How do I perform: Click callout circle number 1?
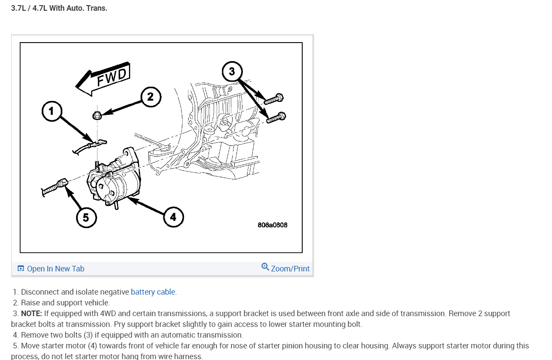52,111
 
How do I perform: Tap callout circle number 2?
150,97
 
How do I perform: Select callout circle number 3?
232,71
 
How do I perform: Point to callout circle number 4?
173,217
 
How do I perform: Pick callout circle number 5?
86,218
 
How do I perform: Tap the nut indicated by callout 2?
97,115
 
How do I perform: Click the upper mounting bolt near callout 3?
274,99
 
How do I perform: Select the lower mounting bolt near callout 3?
276,117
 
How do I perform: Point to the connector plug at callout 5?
60,184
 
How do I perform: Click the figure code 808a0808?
273,225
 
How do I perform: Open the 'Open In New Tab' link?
55,269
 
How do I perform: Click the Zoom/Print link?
290,269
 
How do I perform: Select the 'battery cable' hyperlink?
153,292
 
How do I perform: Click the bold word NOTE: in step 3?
31,314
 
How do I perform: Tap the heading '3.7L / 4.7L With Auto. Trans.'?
59,8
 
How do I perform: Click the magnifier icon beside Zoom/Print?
265,267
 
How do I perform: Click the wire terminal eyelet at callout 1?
101,142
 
